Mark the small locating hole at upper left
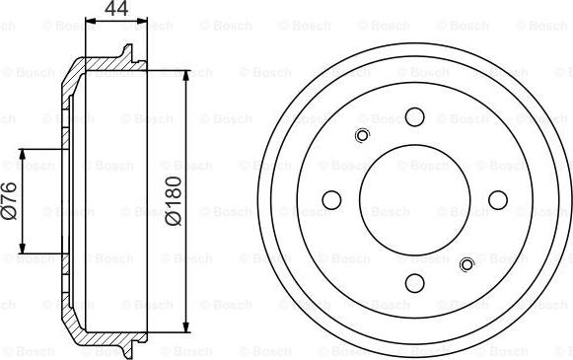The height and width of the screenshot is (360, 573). click(x=361, y=136)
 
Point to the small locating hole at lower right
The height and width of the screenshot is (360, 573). click(x=467, y=262)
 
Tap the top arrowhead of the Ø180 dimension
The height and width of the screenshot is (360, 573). click(x=187, y=74)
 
